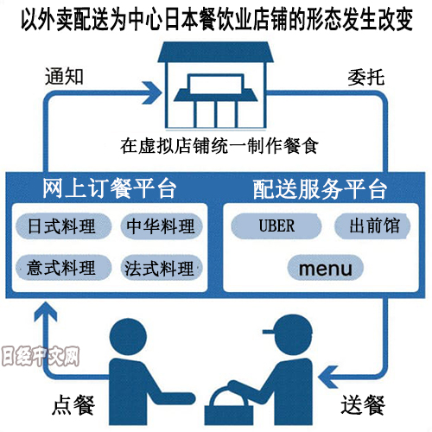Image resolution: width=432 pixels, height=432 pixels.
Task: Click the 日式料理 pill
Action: tap(63, 226)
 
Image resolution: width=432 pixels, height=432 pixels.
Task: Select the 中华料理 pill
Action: tap(162, 226)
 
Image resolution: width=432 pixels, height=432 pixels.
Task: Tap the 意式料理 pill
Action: tap(63, 268)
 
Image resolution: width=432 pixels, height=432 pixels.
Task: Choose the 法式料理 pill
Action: tap(162, 268)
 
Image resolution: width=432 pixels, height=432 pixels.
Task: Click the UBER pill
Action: tap(276, 226)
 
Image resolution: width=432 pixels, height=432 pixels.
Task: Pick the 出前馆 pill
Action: tap(372, 226)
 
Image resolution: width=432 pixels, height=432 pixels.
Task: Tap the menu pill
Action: tap(326, 268)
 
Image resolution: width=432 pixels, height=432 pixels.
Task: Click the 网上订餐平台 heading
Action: tap(110, 188)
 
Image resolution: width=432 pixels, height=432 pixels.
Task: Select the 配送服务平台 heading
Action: tap(320, 189)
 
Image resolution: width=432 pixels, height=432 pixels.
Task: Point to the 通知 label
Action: tap(64, 77)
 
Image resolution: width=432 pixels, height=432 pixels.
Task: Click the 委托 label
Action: tap(366, 77)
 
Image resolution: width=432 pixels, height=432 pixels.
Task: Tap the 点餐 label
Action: tap(73, 404)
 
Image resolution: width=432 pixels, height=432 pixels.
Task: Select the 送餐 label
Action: tap(363, 404)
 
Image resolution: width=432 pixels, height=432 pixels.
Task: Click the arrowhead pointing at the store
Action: tap(152, 92)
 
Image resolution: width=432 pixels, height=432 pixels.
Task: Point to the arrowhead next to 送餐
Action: tap(328, 377)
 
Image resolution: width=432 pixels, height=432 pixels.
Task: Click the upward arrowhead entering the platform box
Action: tap(46, 312)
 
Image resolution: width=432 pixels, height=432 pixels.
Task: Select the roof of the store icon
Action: tap(215, 52)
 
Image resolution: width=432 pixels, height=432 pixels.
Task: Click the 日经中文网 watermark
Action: tap(41, 356)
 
